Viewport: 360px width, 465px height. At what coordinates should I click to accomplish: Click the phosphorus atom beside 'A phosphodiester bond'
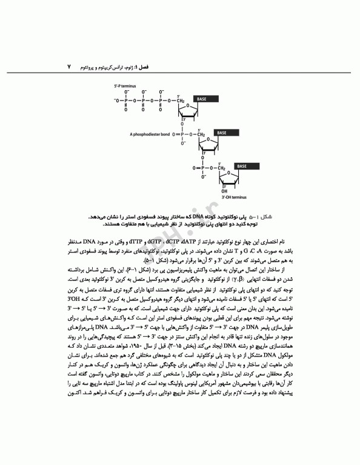tap(181, 134)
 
